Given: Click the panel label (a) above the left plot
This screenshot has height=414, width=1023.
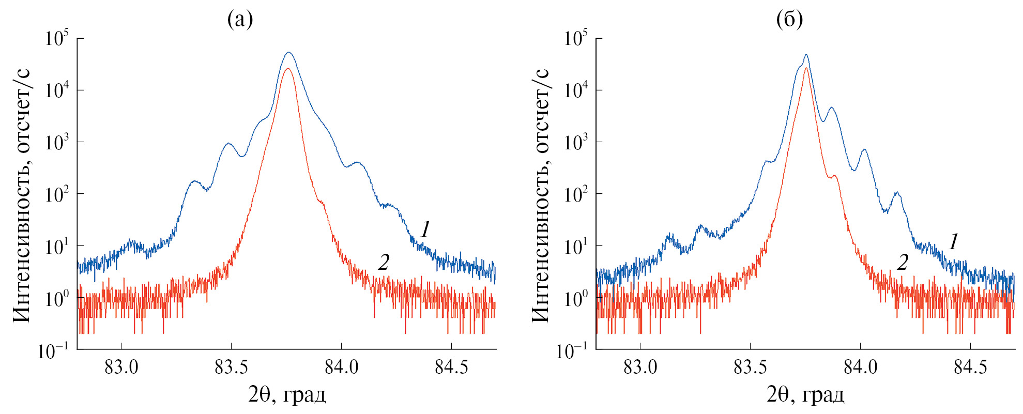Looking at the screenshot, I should (x=240, y=20).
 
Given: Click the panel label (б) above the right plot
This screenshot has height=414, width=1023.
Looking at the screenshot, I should (x=789, y=20).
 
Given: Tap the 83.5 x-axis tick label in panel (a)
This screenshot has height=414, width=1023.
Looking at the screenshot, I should (x=231, y=367).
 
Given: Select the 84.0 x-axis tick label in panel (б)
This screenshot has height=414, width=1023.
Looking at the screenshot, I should (x=860, y=367).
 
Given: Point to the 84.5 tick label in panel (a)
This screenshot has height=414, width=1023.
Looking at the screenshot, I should (x=451, y=367).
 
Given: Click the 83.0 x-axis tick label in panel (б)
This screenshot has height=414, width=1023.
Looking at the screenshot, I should (x=640, y=367).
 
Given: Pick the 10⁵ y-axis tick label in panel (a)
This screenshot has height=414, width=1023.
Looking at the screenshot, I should (x=57, y=38).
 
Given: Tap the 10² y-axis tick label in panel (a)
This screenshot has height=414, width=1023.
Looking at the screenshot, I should (x=57, y=195).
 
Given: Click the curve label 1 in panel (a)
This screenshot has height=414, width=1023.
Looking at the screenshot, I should (x=425, y=229).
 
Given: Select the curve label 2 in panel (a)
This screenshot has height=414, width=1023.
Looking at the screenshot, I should (x=383, y=263).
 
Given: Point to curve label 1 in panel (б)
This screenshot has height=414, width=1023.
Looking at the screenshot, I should (x=954, y=241).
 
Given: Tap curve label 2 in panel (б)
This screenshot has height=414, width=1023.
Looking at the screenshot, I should (x=902, y=263).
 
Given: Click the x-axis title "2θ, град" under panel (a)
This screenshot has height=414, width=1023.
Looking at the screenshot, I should (x=287, y=395).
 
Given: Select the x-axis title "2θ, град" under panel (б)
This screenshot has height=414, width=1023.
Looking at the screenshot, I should (x=805, y=395).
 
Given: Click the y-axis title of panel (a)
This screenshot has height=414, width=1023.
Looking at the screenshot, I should (x=22, y=195).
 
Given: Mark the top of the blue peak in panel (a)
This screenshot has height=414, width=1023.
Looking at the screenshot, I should (x=289, y=52).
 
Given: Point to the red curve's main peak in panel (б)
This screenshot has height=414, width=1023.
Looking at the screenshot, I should (x=806, y=68).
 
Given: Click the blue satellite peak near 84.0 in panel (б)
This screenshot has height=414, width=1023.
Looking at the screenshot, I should (x=864, y=150).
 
